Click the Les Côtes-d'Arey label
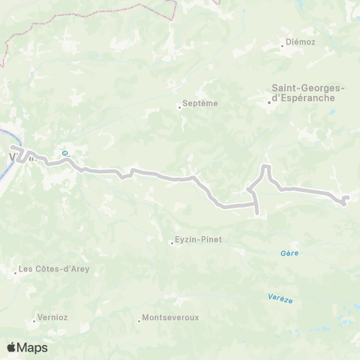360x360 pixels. pos(51,268)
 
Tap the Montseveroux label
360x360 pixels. pos(172,318)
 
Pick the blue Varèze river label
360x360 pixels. pos(280,298)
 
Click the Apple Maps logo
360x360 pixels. pos(27,347)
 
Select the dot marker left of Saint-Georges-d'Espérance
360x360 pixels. pos(270,103)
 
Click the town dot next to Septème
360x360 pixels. pos(180,106)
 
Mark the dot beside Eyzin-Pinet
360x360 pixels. pos(172,241)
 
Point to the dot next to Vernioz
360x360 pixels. pos(34,321)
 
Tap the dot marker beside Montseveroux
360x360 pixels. pos(139,321)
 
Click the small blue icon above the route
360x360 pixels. pos(65,151)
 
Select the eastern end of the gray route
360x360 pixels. pos(347,197)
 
